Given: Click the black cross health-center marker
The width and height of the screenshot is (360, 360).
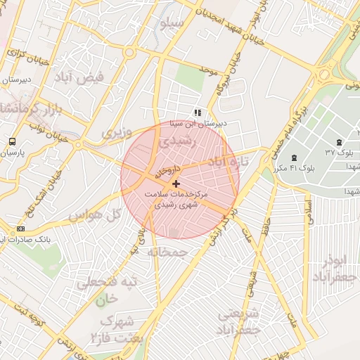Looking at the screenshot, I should coord(175,184).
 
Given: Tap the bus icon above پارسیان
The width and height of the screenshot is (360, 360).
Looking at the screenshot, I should coord(12,141).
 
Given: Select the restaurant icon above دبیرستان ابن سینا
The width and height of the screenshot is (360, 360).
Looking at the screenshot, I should coord(198,112).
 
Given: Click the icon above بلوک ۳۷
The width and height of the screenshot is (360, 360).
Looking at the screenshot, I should coord(340,142).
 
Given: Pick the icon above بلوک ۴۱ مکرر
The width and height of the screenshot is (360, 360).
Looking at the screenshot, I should coord(293,157).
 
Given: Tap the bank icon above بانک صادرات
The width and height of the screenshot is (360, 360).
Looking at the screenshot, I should coord(20,229).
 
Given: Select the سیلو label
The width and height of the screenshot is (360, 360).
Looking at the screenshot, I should coord(173,24).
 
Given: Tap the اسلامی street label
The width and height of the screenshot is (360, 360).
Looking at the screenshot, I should coord(307,211).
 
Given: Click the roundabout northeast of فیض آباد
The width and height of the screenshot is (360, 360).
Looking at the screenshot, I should coord(129,52).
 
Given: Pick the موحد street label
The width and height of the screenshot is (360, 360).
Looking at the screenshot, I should coord(205,70).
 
